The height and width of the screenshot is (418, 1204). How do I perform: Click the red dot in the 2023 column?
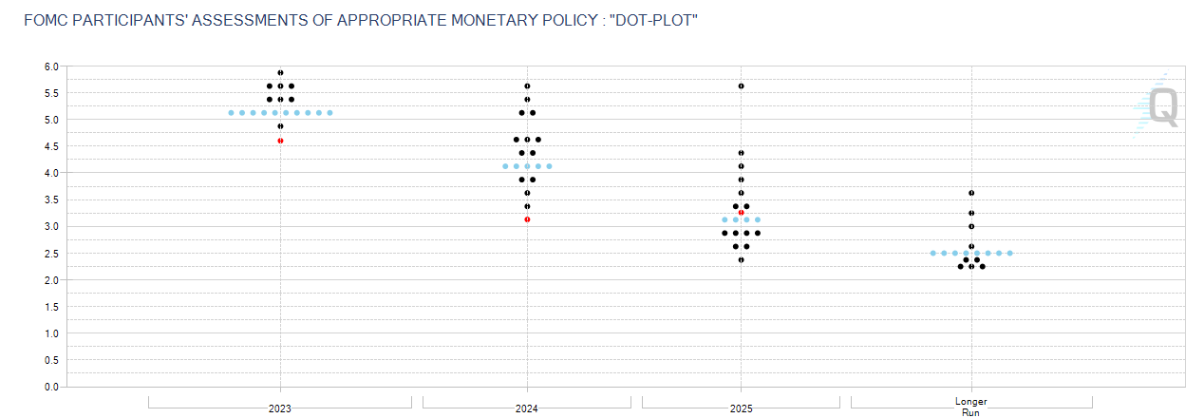[280, 141]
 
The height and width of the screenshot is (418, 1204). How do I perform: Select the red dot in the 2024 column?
[527, 219]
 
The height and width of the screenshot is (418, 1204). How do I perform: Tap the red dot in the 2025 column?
[742, 213]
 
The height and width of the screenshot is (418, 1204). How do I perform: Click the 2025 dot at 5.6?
[742, 86]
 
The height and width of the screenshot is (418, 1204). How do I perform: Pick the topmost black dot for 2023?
[280, 73]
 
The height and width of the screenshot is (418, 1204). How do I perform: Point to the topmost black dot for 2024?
[527, 86]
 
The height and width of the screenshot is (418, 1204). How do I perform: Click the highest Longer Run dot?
[971, 193]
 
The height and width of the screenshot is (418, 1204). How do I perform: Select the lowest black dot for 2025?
[742, 259]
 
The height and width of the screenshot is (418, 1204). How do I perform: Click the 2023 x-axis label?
[280, 408]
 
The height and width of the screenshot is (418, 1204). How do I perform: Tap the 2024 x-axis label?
[527, 408]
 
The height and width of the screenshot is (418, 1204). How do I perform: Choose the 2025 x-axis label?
[742, 408]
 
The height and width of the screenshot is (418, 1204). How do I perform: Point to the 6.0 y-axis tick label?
[50, 66]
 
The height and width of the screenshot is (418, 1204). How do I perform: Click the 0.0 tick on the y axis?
[50, 387]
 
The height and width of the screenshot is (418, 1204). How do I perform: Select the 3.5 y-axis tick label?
[50, 199]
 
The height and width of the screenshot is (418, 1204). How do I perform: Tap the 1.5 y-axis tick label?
[50, 307]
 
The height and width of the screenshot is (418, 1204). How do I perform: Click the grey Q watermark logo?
[1163, 107]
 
